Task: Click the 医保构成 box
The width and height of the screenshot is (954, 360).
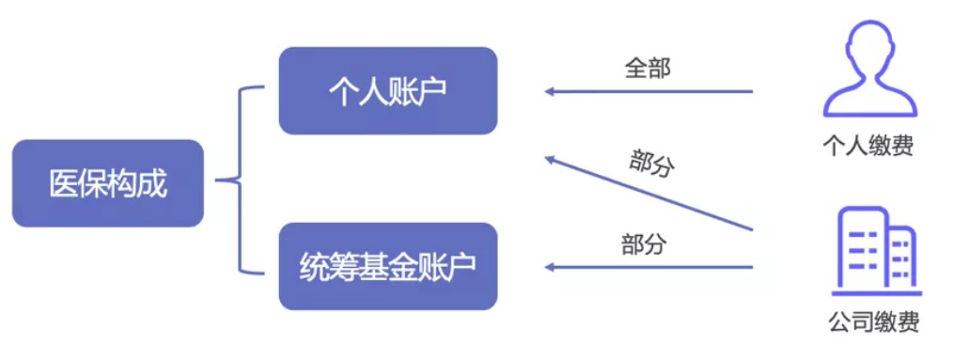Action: pyautogui.click(x=108, y=183)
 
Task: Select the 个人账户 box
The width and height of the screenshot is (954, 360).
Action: pyautogui.click(x=387, y=90)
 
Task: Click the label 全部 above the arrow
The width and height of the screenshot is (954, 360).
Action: pyautogui.click(x=648, y=68)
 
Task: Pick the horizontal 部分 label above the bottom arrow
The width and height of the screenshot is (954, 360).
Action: pyautogui.click(x=644, y=244)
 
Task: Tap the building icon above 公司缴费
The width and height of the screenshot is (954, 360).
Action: pyautogui.click(x=875, y=246)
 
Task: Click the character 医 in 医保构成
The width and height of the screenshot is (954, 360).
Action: pyautogui.click(x=62, y=184)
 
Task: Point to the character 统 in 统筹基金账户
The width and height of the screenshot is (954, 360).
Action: pyautogui.click(x=313, y=267)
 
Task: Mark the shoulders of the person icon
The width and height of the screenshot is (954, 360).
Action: pyautogui.click(x=869, y=100)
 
